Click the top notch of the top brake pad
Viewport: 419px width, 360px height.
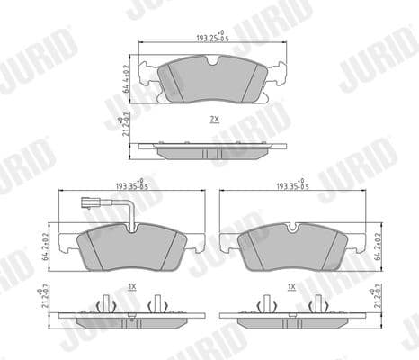pos(212,61)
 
